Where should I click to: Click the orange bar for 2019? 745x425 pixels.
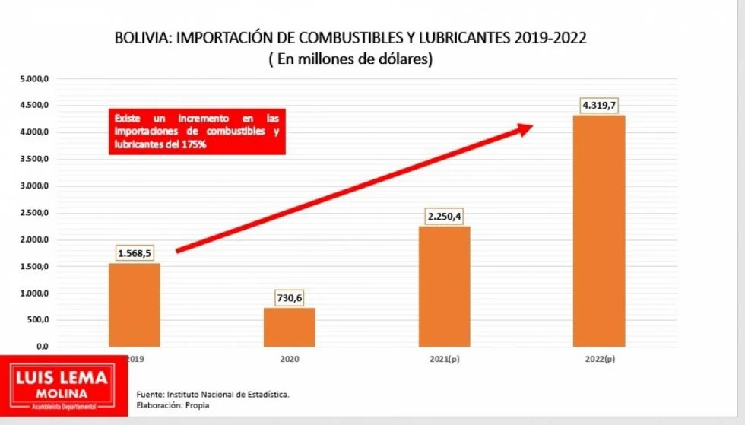[x=135, y=304]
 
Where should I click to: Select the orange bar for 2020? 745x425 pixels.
[x=289, y=327]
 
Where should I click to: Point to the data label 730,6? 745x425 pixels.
[x=289, y=298]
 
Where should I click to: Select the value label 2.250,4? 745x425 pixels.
[x=444, y=217]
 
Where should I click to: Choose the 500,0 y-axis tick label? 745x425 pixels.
[x=37, y=319]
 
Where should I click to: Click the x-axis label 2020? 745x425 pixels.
[x=289, y=356]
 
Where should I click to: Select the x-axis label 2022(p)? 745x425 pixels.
[x=600, y=356]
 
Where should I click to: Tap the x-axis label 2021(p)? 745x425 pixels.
[x=444, y=356]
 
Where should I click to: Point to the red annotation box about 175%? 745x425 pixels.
[x=197, y=132]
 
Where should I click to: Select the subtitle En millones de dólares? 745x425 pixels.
[x=350, y=59]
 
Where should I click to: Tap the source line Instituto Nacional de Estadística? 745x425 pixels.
[x=213, y=395]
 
